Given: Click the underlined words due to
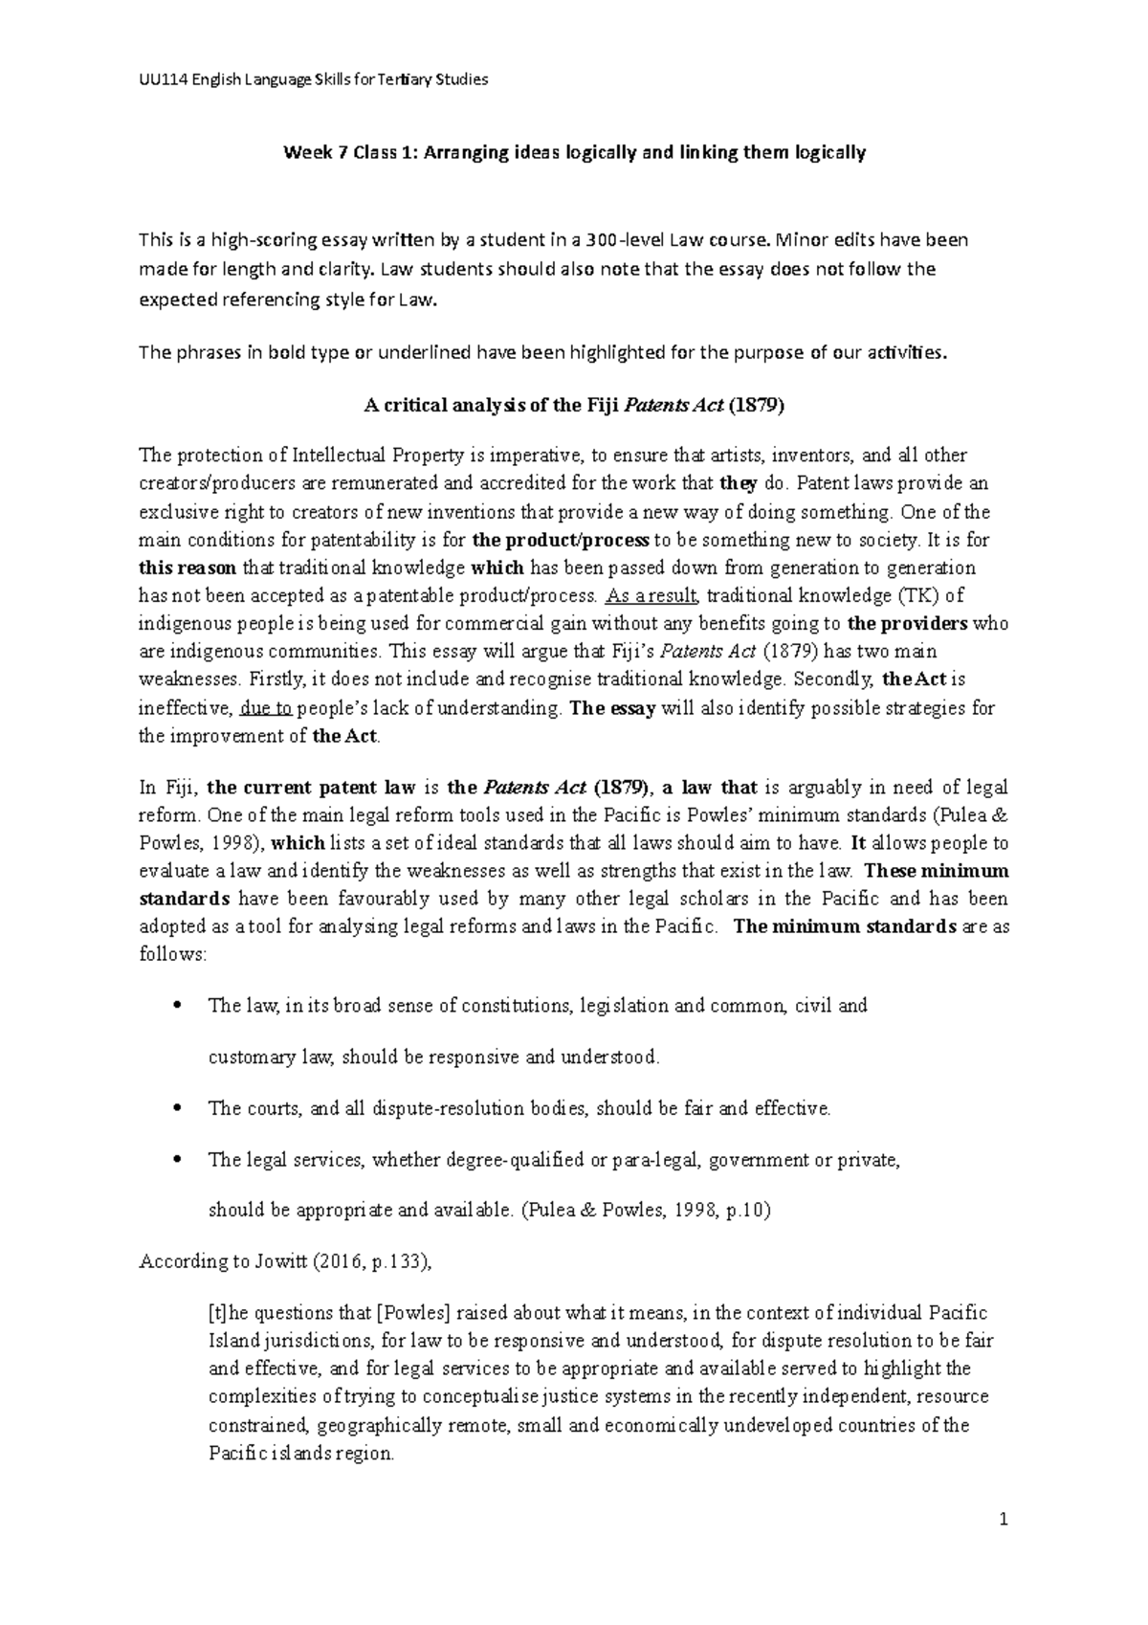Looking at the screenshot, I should click(x=267, y=708).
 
